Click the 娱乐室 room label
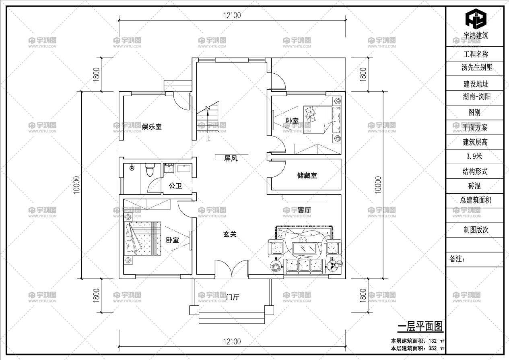pyautogui.click(x=152, y=126)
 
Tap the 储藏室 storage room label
pyautogui.click(x=307, y=176)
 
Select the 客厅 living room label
pyautogui.click(x=307, y=210)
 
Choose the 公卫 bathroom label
pyautogui.click(x=175, y=186)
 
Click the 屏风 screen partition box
pyautogui.click(x=231, y=158)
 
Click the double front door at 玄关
pyautogui.click(x=231, y=269)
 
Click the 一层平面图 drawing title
pyautogui.click(x=420, y=326)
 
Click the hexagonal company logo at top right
pyautogui.click(x=476, y=18)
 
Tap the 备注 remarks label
pyautogui.click(x=457, y=259)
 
